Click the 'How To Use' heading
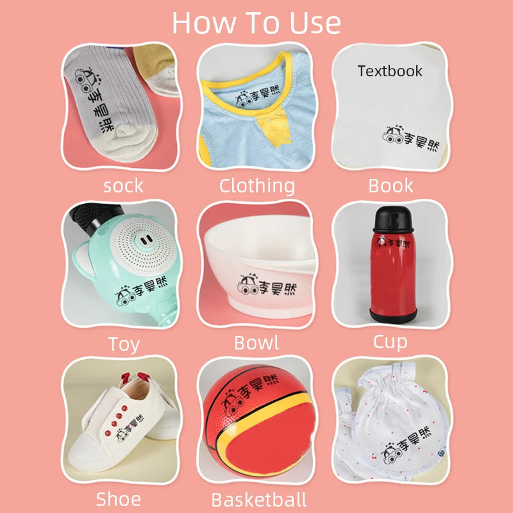coord(256,23)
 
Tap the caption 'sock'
coord(123,186)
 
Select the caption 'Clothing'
coord(257,186)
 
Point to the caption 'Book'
coord(391,185)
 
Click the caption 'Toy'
coord(124,344)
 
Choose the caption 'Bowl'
coord(256,343)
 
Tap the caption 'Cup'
coord(390,342)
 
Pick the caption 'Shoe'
coord(119,500)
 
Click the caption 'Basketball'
coord(259,500)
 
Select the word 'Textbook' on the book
coord(390,71)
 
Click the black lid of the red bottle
coord(393,219)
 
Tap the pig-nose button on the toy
coord(144,242)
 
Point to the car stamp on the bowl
coord(249,284)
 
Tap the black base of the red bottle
coord(393,315)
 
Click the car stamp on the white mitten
coord(392,453)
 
